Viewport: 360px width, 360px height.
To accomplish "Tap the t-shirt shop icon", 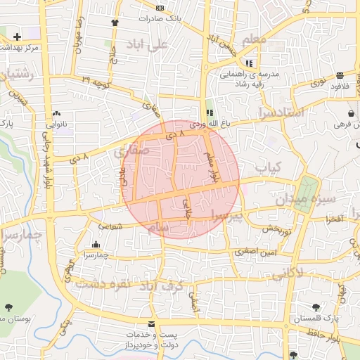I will pos(115,22).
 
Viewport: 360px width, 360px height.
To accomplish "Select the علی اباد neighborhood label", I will pos(155,44).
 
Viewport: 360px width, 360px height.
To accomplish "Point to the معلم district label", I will pos(253,39).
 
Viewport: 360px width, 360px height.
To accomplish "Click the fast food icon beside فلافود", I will pos(340,75).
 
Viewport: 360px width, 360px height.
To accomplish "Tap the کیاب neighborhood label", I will pos(267,167).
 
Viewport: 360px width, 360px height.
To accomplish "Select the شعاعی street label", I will pos(110,226).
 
